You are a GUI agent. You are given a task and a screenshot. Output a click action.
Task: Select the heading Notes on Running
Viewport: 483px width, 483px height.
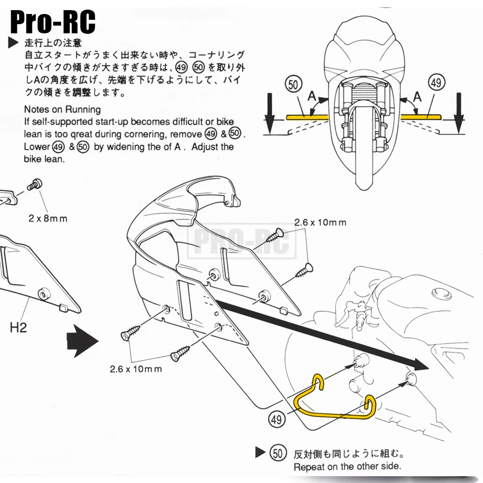click(62, 109)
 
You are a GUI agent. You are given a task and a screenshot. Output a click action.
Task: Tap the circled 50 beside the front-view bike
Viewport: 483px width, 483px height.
click(293, 84)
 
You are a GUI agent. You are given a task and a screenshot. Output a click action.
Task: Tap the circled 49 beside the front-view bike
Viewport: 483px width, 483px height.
click(436, 83)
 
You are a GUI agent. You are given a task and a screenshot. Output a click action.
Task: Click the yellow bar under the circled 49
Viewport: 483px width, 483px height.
click(421, 116)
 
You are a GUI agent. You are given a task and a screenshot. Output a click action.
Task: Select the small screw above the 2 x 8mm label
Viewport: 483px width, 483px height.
click(34, 184)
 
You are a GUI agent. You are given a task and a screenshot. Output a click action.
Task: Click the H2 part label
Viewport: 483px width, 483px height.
click(18, 329)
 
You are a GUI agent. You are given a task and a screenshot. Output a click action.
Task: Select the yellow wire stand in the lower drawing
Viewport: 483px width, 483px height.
click(333, 401)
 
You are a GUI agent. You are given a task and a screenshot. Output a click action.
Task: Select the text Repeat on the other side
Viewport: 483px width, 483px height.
click(347, 467)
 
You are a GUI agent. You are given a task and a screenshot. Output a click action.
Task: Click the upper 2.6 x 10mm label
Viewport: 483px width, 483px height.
click(320, 222)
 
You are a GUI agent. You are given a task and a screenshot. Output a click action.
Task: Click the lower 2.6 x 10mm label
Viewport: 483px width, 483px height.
click(136, 369)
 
